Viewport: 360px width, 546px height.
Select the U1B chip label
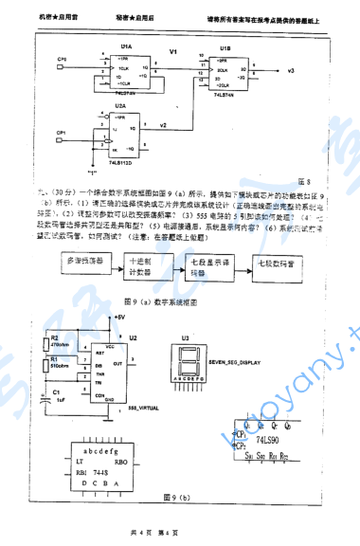coord(224,45)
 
